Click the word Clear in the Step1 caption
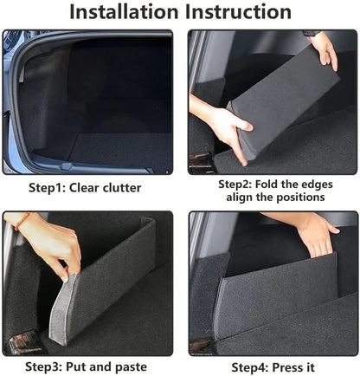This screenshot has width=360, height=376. coord(90,187)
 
